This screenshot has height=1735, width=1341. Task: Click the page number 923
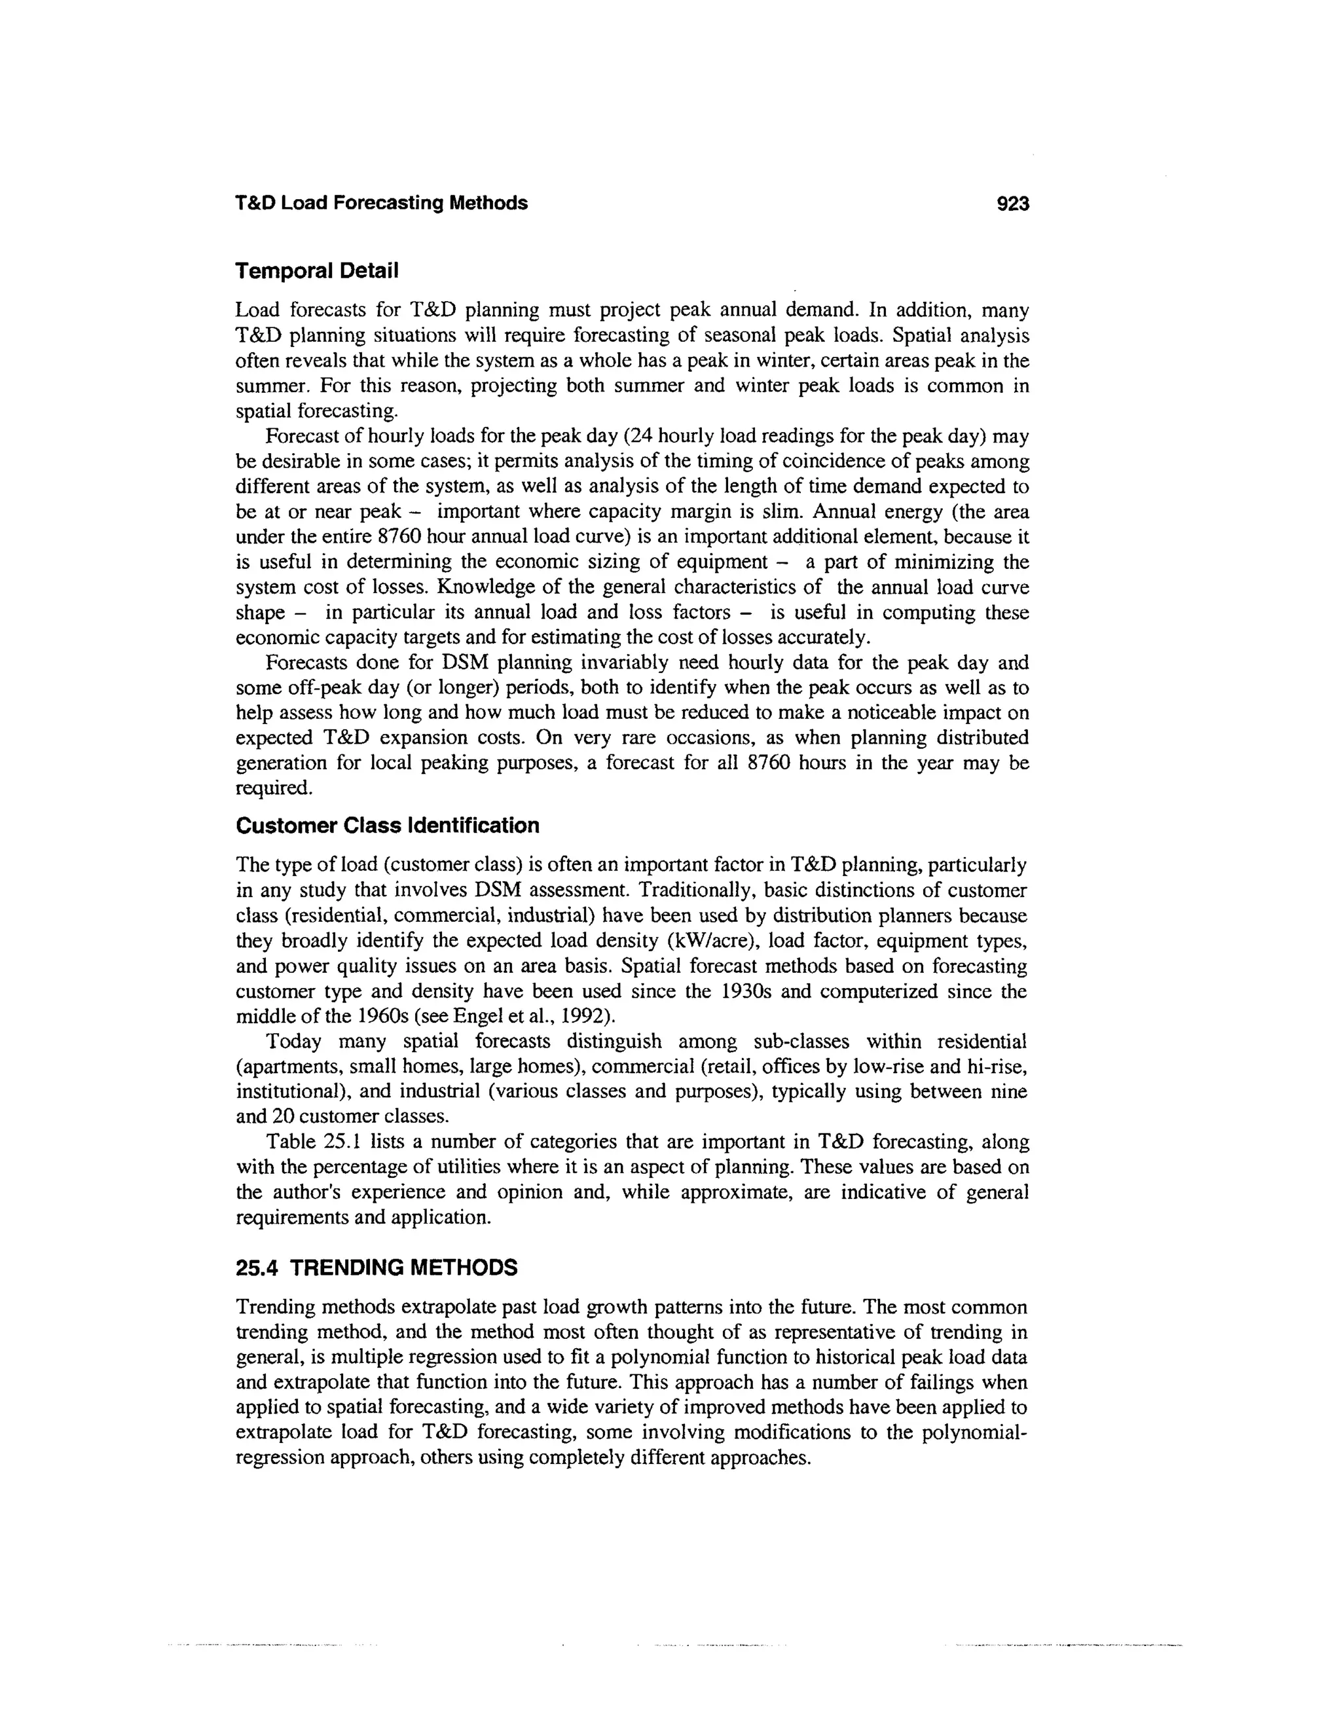(x=1012, y=204)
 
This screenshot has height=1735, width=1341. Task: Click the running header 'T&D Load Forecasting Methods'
(x=381, y=204)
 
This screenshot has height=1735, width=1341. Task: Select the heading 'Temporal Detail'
(x=316, y=272)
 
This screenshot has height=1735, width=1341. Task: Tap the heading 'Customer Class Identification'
(x=388, y=826)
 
